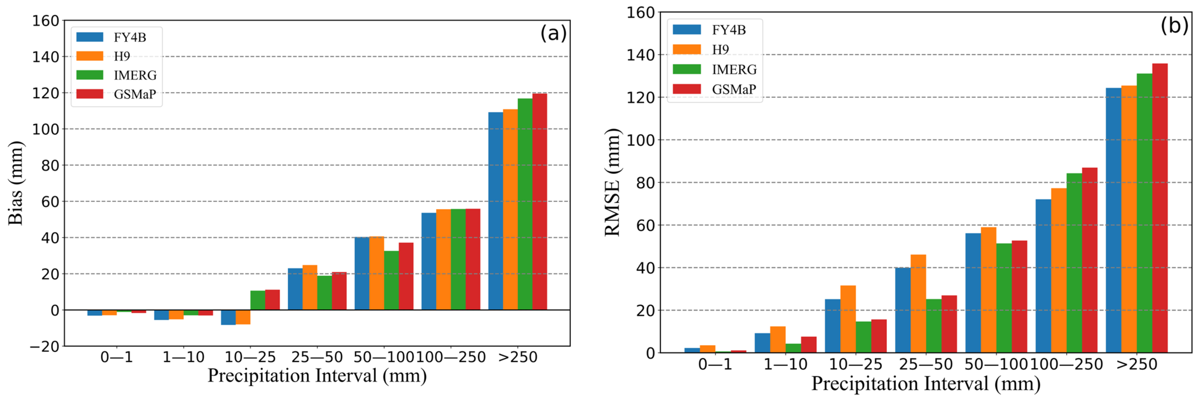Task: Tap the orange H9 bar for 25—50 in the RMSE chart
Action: [918, 304]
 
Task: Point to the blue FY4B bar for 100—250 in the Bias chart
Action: [428, 261]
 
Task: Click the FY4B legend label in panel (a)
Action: [130, 37]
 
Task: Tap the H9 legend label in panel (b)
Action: [720, 50]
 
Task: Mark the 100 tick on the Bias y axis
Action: [46, 129]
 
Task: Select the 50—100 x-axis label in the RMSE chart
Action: [996, 364]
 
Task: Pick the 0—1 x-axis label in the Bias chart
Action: [117, 357]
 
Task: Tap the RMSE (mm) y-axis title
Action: [612, 182]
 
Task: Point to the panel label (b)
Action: [1174, 26]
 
